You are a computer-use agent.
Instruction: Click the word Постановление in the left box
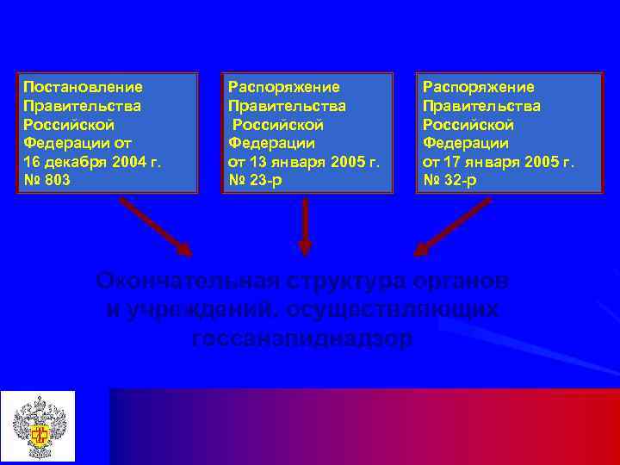(x=83, y=87)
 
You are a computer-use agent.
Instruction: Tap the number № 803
(x=46, y=181)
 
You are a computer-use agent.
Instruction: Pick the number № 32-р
(x=450, y=181)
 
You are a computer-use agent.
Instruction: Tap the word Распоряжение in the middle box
(x=283, y=87)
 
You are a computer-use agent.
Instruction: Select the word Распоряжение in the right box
(x=478, y=87)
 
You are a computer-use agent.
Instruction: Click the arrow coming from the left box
(x=156, y=226)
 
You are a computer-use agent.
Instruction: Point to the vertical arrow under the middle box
(x=304, y=228)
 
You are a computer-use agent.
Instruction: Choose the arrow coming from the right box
(x=452, y=226)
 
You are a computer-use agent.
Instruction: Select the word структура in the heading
(x=345, y=281)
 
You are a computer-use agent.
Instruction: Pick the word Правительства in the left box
(x=82, y=106)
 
